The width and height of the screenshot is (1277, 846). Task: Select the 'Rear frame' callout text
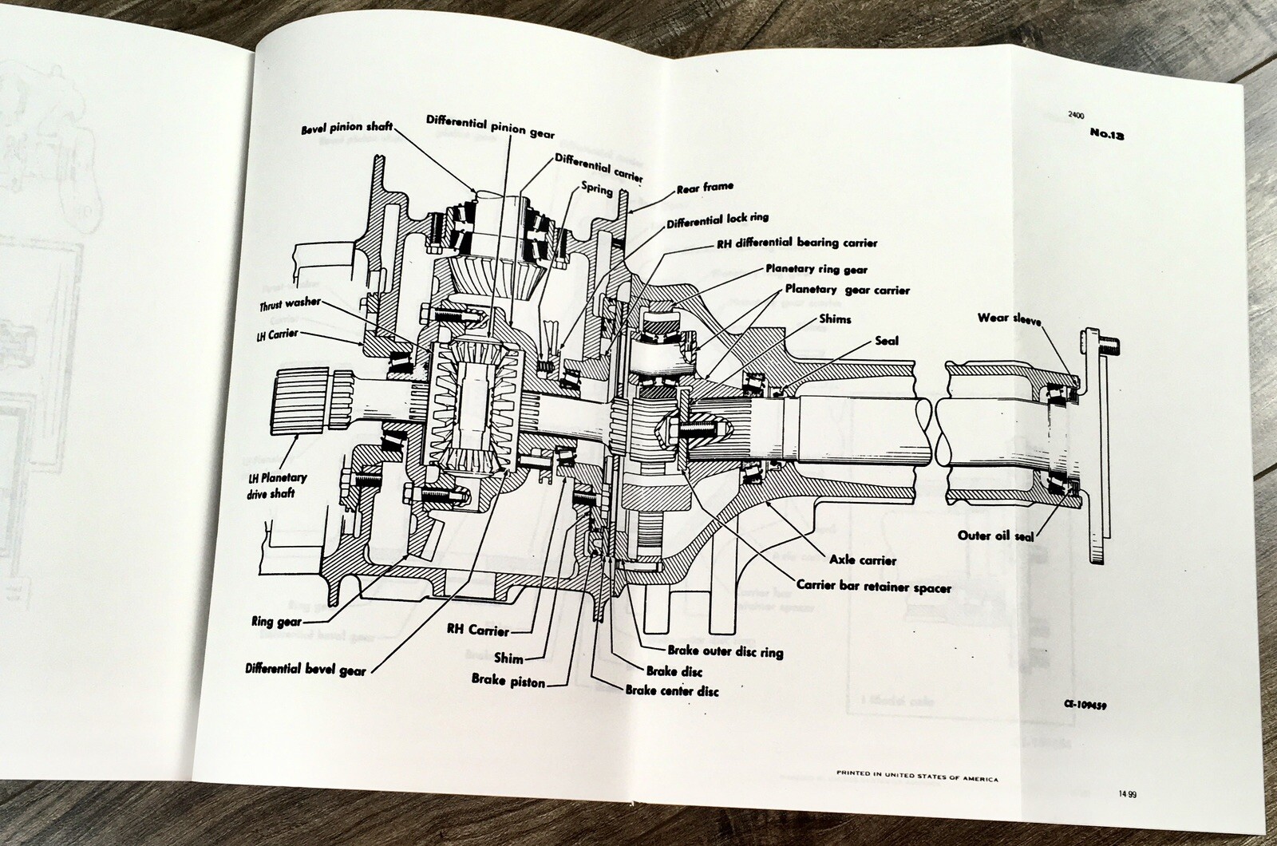[705, 188]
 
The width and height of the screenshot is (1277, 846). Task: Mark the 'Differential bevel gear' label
[306, 670]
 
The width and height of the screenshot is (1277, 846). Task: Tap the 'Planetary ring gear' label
[816, 270]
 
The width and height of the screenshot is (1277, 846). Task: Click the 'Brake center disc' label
[671, 690]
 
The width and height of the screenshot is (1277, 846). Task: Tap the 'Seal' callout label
[885, 341]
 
